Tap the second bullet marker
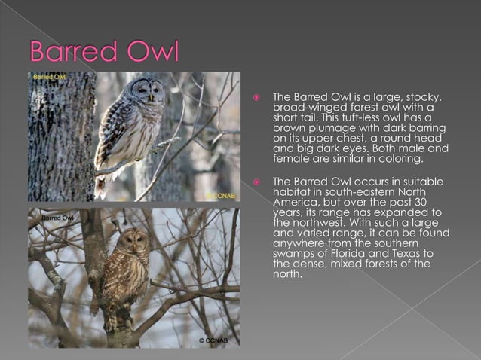256,182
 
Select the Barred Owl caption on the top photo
48,77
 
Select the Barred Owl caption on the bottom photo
57,218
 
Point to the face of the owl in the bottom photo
136,243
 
